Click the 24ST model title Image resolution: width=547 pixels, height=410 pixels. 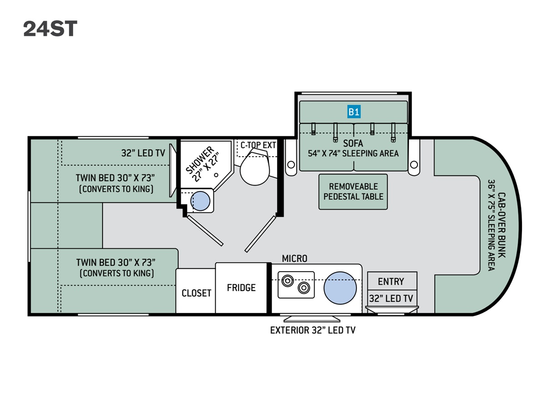pyautogui.click(x=50, y=29)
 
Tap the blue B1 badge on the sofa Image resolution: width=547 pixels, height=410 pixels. pyautogui.click(x=354, y=112)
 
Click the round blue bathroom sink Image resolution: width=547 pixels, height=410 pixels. pyautogui.click(x=200, y=201)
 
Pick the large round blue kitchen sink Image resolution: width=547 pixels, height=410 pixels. pyautogui.click(x=340, y=288)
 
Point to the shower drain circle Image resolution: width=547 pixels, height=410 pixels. pyautogui.click(x=216, y=175)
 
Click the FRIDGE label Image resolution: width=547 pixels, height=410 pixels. pyautogui.click(x=241, y=288)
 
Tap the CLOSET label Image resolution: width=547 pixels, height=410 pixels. pyautogui.click(x=196, y=293)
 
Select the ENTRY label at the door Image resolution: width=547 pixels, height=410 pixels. pyautogui.click(x=391, y=282)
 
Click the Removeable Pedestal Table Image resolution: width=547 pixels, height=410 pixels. pyautogui.click(x=353, y=192)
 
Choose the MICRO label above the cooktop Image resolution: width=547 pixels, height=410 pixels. pyautogui.click(x=294, y=259)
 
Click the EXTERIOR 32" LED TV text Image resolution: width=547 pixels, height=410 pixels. pyautogui.click(x=313, y=330)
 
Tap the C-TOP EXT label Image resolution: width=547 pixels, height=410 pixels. pyautogui.click(x=258, y=145)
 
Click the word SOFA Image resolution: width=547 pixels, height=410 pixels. pyautogui.click(x=353, y=143)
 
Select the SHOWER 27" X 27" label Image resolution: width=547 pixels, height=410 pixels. pyautogui.click(x=204, y=164)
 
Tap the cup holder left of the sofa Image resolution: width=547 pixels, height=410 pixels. pyautogui.click(x=291, y=164)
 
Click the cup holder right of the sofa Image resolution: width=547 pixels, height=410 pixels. pyautogui.click(x=414, y=164)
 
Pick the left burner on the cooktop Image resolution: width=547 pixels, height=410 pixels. pyautogui.click(x=287, y=281)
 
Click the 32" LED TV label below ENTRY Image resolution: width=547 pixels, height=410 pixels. pyautogui.click(x=391, y=298)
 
